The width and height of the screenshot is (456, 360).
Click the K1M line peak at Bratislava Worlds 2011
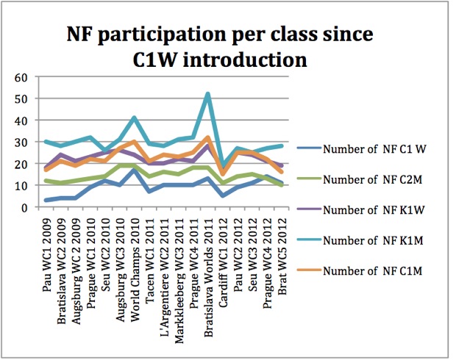pos(208,94)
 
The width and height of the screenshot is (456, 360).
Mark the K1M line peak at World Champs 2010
pos(133,118)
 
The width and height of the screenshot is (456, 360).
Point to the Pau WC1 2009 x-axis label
pos(46,246)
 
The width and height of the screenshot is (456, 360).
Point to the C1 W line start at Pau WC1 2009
pos(46,200)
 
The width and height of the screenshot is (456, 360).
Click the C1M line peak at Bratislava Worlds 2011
pos(208,137)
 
